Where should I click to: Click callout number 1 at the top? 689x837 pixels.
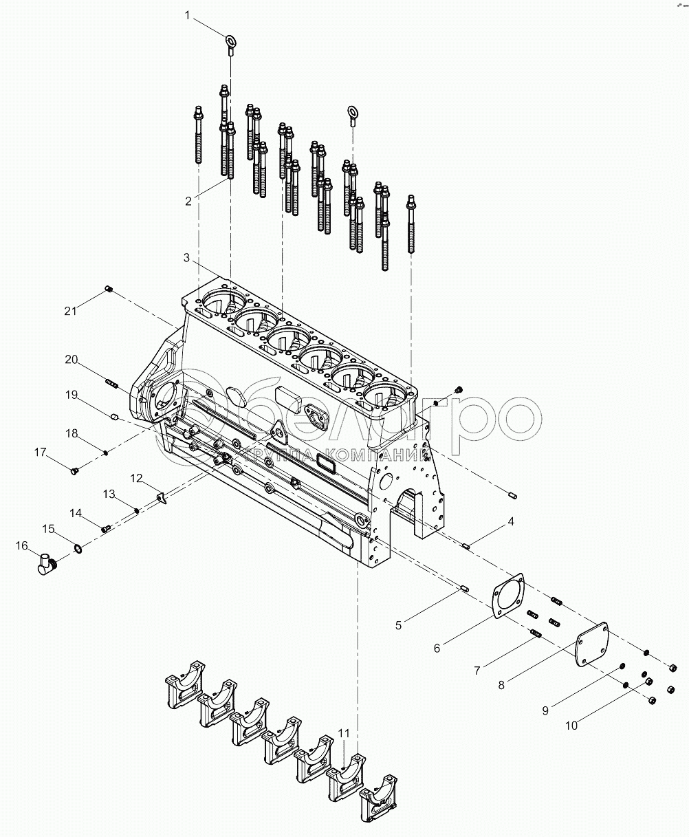coord(186,14)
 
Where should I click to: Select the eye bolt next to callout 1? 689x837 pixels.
coord(230,43)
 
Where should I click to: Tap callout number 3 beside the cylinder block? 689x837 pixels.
coord(186,257)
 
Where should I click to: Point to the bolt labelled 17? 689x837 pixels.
coord(76,470)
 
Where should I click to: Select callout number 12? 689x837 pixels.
coord(137,477)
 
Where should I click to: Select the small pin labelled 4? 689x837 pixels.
coord(466,547)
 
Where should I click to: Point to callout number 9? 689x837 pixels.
coord(545,710)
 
